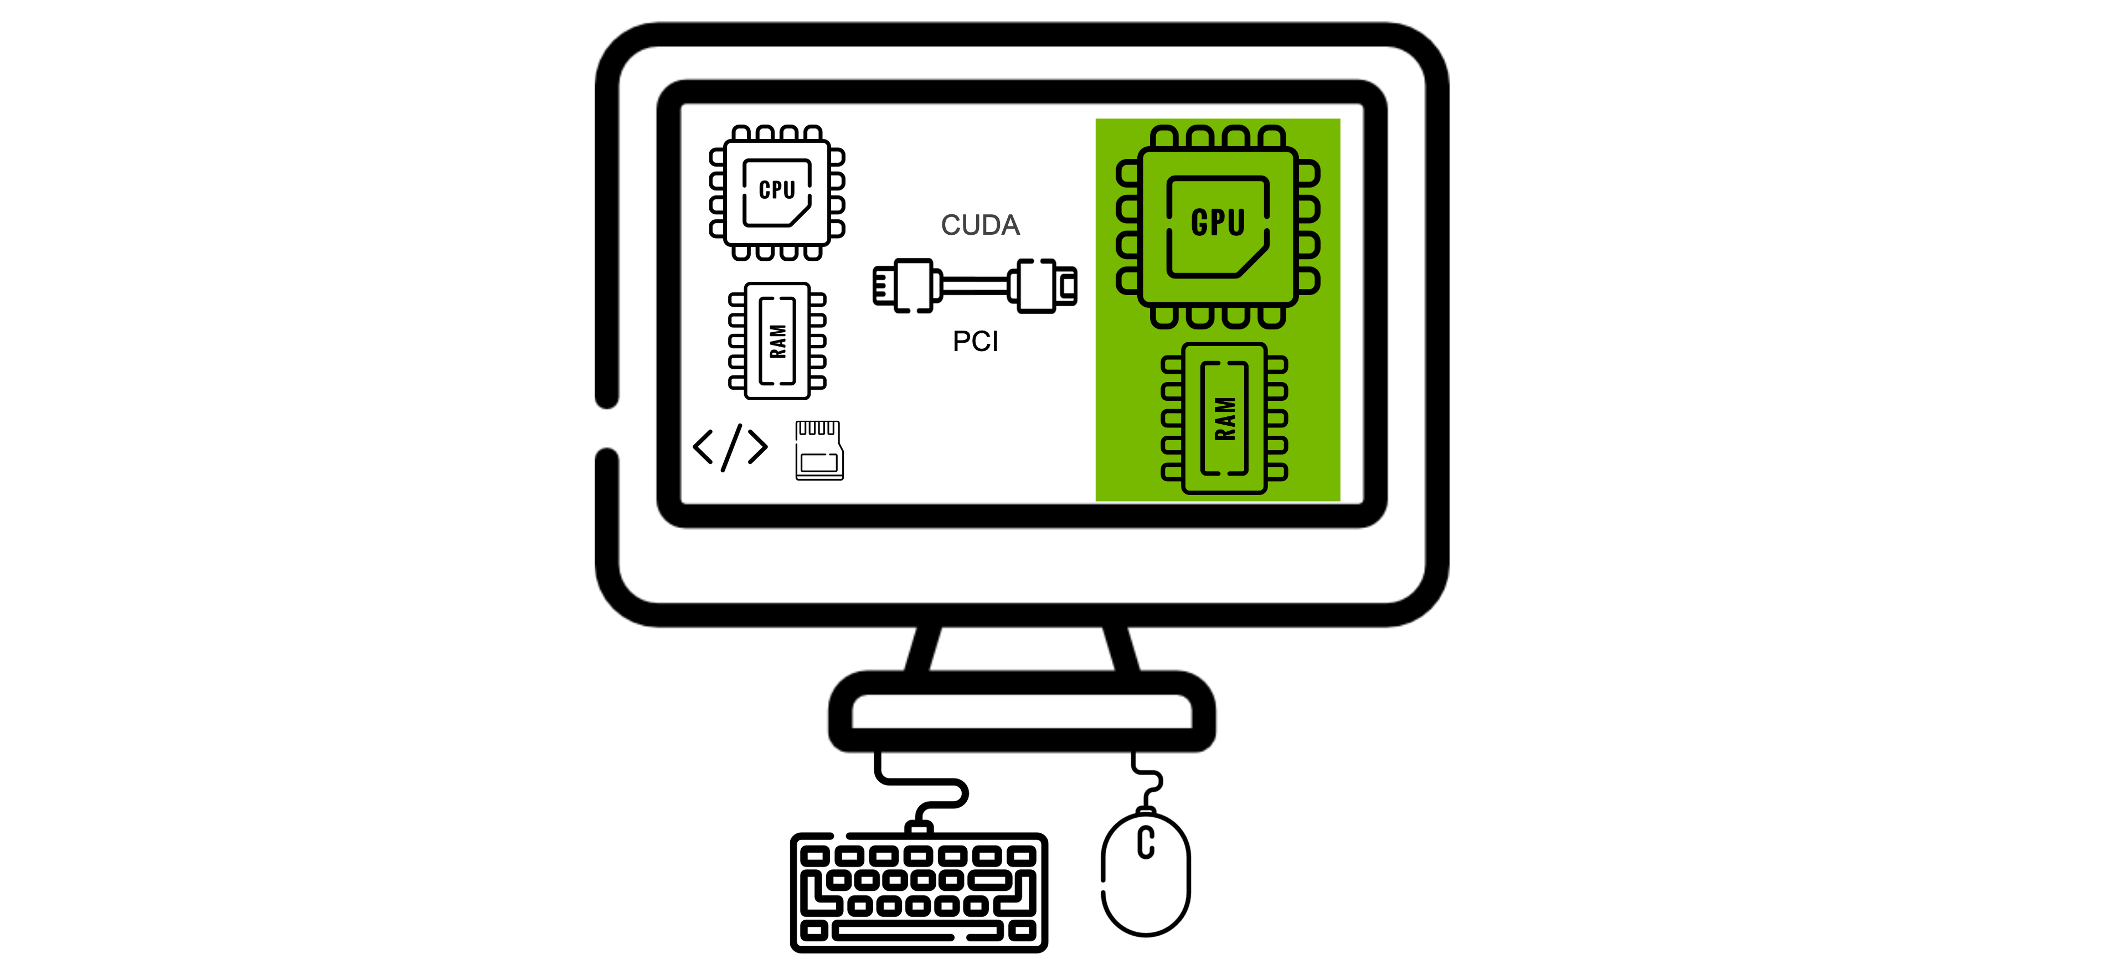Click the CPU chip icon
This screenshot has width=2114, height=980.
(776, 193)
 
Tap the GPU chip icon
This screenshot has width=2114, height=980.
(1218, 226)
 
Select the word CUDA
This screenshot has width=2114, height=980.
(980, 225)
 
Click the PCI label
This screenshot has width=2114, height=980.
(975, 342)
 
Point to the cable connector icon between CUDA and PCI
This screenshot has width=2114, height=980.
(975, 286)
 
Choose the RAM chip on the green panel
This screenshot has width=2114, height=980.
(1224, 418)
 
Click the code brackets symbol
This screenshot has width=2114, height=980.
(730, 447)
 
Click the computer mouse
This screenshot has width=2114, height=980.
(1145, 874)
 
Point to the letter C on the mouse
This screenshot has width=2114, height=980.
(1146, 843)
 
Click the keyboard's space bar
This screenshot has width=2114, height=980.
(895, 932)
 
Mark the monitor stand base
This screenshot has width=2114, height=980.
(1021, 711)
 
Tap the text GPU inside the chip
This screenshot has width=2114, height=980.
(1218, 223)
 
